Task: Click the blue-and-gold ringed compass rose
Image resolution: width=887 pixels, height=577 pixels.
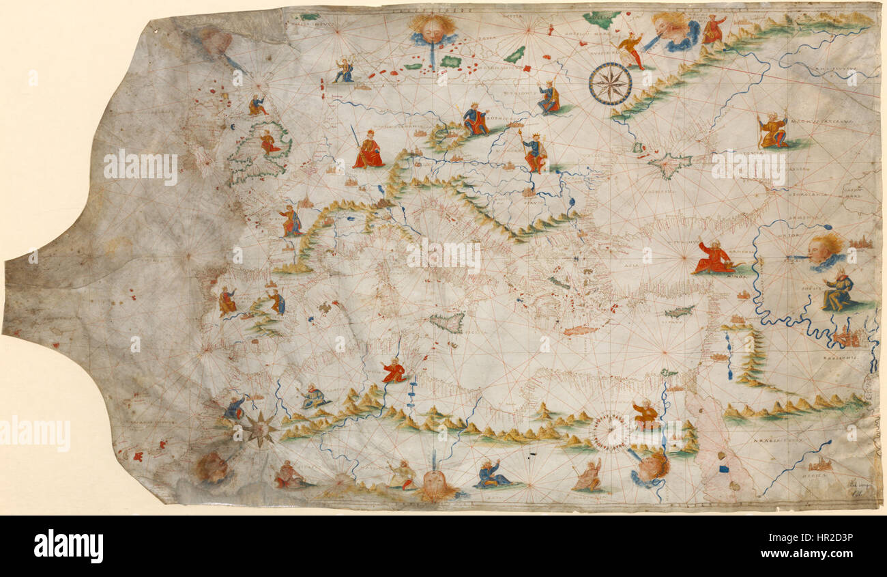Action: click(610, 83)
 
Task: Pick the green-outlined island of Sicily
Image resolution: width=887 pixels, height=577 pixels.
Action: click(448, 322)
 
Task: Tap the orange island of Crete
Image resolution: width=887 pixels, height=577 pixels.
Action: click(581, 330)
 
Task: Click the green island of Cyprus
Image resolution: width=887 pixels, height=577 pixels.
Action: click(680, 311)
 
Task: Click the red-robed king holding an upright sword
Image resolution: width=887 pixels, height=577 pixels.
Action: click(368, 150)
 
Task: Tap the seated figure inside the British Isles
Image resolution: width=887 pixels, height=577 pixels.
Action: click(269, 143)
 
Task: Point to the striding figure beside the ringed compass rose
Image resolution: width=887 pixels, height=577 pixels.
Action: click(631, 49)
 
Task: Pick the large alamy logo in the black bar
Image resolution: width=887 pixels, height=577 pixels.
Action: click(68, 546)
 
